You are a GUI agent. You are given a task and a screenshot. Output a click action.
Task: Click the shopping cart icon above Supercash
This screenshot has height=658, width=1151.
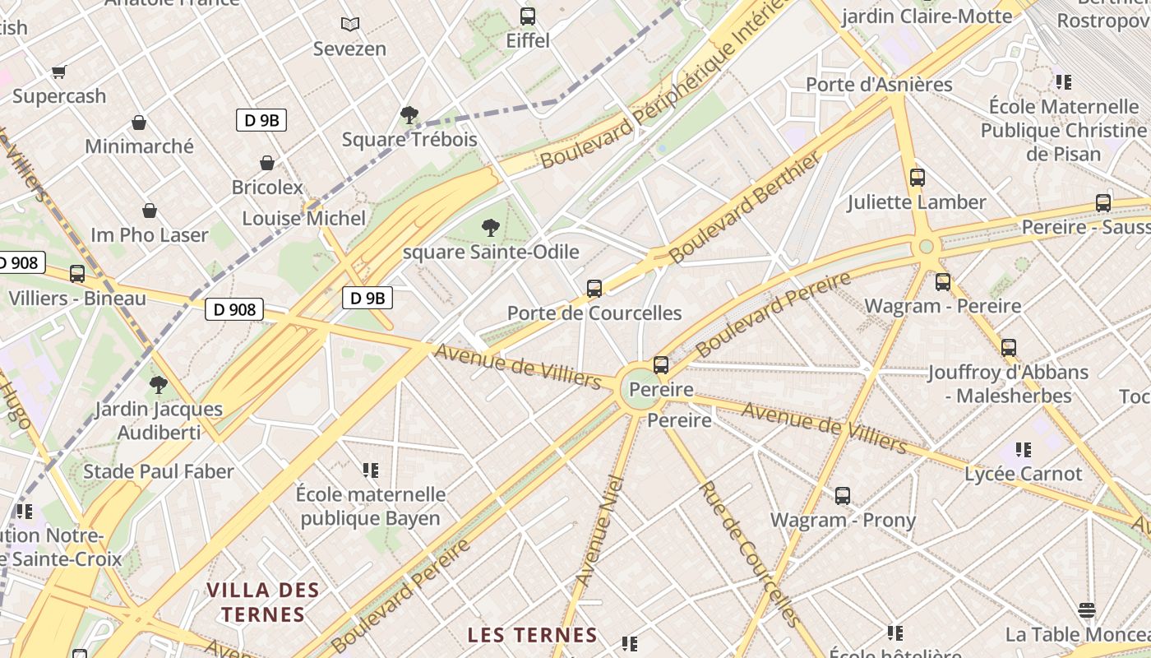(58, 72)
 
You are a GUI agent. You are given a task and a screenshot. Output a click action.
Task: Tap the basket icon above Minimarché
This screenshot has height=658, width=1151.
(139, 123)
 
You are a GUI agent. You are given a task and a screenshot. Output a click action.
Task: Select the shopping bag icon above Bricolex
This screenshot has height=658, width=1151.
(267, 163)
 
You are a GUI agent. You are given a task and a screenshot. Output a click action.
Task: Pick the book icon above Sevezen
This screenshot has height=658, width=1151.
(350, 25)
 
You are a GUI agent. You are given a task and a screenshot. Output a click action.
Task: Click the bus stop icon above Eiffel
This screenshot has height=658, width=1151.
(528, 16)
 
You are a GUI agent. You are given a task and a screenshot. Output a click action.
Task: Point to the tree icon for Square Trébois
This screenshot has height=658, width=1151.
(409, 114)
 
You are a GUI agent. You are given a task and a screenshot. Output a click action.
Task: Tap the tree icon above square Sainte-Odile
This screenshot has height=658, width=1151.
(491, 227)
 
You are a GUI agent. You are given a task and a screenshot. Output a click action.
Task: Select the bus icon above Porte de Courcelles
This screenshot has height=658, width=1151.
(594, 288)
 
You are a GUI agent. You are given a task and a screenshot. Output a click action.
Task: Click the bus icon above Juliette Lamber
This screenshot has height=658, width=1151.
(918, 177)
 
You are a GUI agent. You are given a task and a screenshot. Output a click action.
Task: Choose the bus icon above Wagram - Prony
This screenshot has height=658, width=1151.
(843, 495)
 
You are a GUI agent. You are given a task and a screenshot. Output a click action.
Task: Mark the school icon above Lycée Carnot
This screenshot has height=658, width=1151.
(1024, 449)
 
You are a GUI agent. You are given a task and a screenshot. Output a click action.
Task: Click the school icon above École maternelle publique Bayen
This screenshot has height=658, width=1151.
(371, 470)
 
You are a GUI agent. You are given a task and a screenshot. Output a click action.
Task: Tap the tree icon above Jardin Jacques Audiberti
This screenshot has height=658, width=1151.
(159, 384)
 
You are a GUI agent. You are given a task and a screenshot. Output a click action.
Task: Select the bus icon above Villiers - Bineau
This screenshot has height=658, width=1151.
(77, 273)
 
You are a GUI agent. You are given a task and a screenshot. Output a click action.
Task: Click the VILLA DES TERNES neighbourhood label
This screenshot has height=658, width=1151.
(263, 602)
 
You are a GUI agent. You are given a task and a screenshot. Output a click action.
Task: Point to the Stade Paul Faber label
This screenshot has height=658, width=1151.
(159, 471)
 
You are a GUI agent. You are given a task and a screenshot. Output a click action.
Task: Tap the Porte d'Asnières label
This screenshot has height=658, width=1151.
(879, 84)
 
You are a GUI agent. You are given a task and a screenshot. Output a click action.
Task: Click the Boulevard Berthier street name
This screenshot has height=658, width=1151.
(745, 206)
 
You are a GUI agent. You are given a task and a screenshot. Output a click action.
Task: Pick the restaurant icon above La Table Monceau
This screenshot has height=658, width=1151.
(1087, 609)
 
